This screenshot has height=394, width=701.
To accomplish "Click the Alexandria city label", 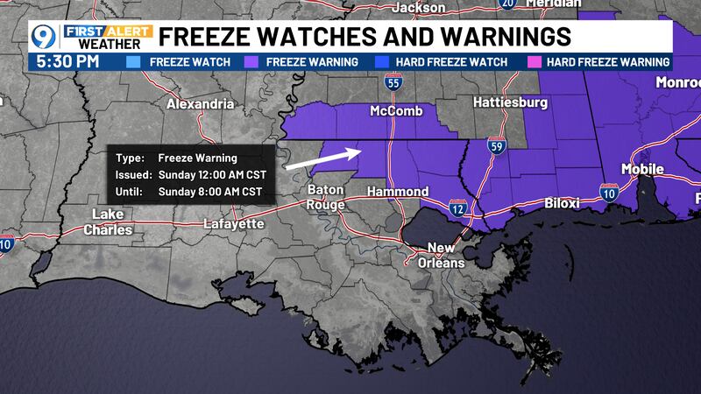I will click(x=200, y=103).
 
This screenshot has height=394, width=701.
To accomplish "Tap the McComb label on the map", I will click(x=396, y=111).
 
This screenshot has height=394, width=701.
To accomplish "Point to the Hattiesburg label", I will click(x=510, y=102).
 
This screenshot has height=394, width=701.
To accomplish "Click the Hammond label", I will click(x=397, y=191).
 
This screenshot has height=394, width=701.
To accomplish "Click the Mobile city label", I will click(x=642, y=168).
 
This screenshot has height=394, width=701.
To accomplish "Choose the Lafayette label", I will click(x=233, y=224).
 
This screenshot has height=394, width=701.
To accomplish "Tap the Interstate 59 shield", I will click(x=495, y=146).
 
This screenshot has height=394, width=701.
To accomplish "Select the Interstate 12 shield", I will click(x=457, y=208).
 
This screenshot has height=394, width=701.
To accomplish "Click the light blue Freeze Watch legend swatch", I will click(x=133, y=62).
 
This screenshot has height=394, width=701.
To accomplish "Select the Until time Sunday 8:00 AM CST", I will click(x=210, y=189).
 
